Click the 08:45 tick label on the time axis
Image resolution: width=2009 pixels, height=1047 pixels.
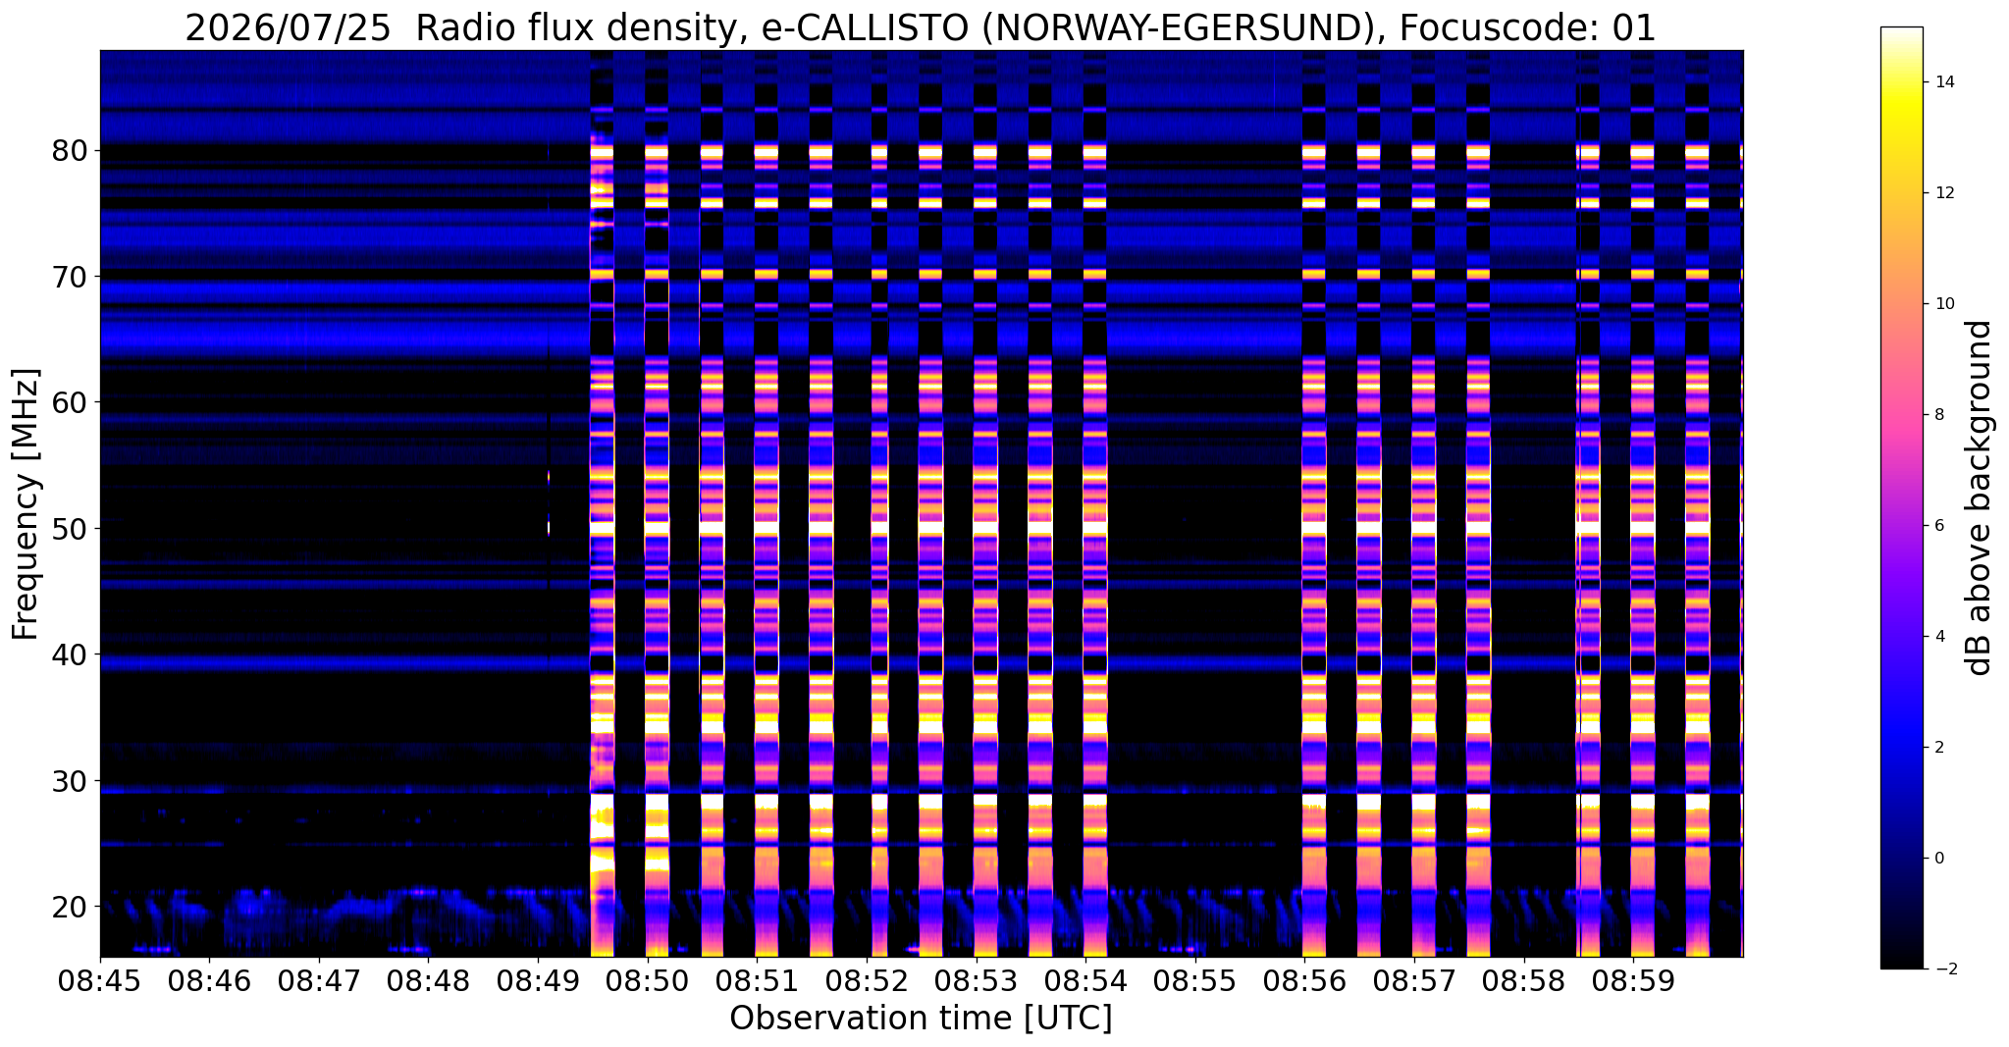pyautogui.click(x=100, y=982)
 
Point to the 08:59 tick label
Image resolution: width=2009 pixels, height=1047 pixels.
pyautogui.click(x=1632, y=982)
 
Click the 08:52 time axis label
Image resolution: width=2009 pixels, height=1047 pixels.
pyautogui.click(x=866, y=982)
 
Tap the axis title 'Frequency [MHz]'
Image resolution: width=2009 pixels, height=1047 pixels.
pyautogui.click(x=26, y=504)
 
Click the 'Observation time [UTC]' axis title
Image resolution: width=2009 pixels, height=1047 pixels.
pyautogui.click(x=921, y=1019)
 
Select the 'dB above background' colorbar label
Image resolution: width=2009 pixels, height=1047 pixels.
pyautogui.click(x=1981, y=497)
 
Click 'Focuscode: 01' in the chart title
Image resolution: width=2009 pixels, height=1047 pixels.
pyautogui.click(x=1527, y=28)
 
